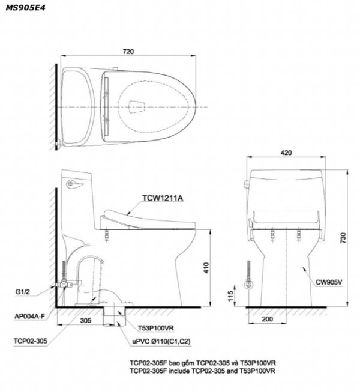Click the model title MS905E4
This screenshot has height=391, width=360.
pyautogui.click(x=25, y=8)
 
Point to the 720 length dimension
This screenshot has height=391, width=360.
pyautogui.click(x=128, y=52)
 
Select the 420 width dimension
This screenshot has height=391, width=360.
pyautogui.click(x=286, y=153)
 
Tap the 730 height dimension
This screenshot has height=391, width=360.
pyautogui.click(x=343, y=238)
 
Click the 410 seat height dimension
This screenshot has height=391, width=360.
pyautogui.click(x=206, y=268)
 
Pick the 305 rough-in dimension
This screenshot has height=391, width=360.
pyautogui.click(x=86, y=321)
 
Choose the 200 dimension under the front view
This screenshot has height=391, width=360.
pyautogui.click(x=268, y=319)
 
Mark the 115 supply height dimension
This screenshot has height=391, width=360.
pyautogui.click(x=230, y=296)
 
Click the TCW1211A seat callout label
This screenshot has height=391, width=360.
pyautogui.click(x=163, y=198)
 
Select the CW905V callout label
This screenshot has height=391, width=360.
pyautogui.click(x=329, y=282)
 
